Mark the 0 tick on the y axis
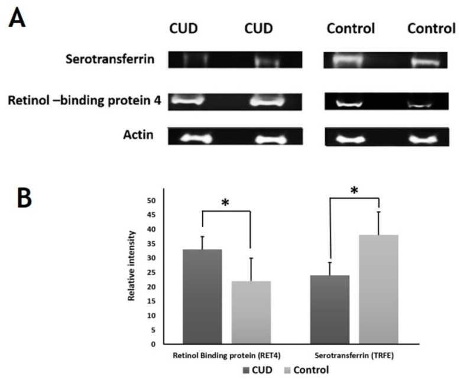(153, 344)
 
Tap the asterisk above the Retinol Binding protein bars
(225, 202)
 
